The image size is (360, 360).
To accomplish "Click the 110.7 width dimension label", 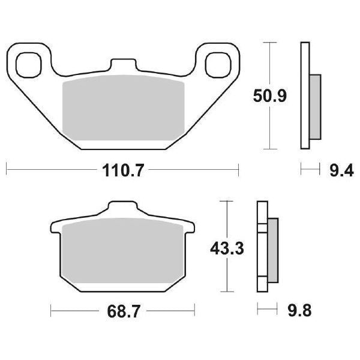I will point(122,171).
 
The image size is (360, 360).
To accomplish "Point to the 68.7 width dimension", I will point(123,311).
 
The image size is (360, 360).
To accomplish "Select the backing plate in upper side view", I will point(304,96).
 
